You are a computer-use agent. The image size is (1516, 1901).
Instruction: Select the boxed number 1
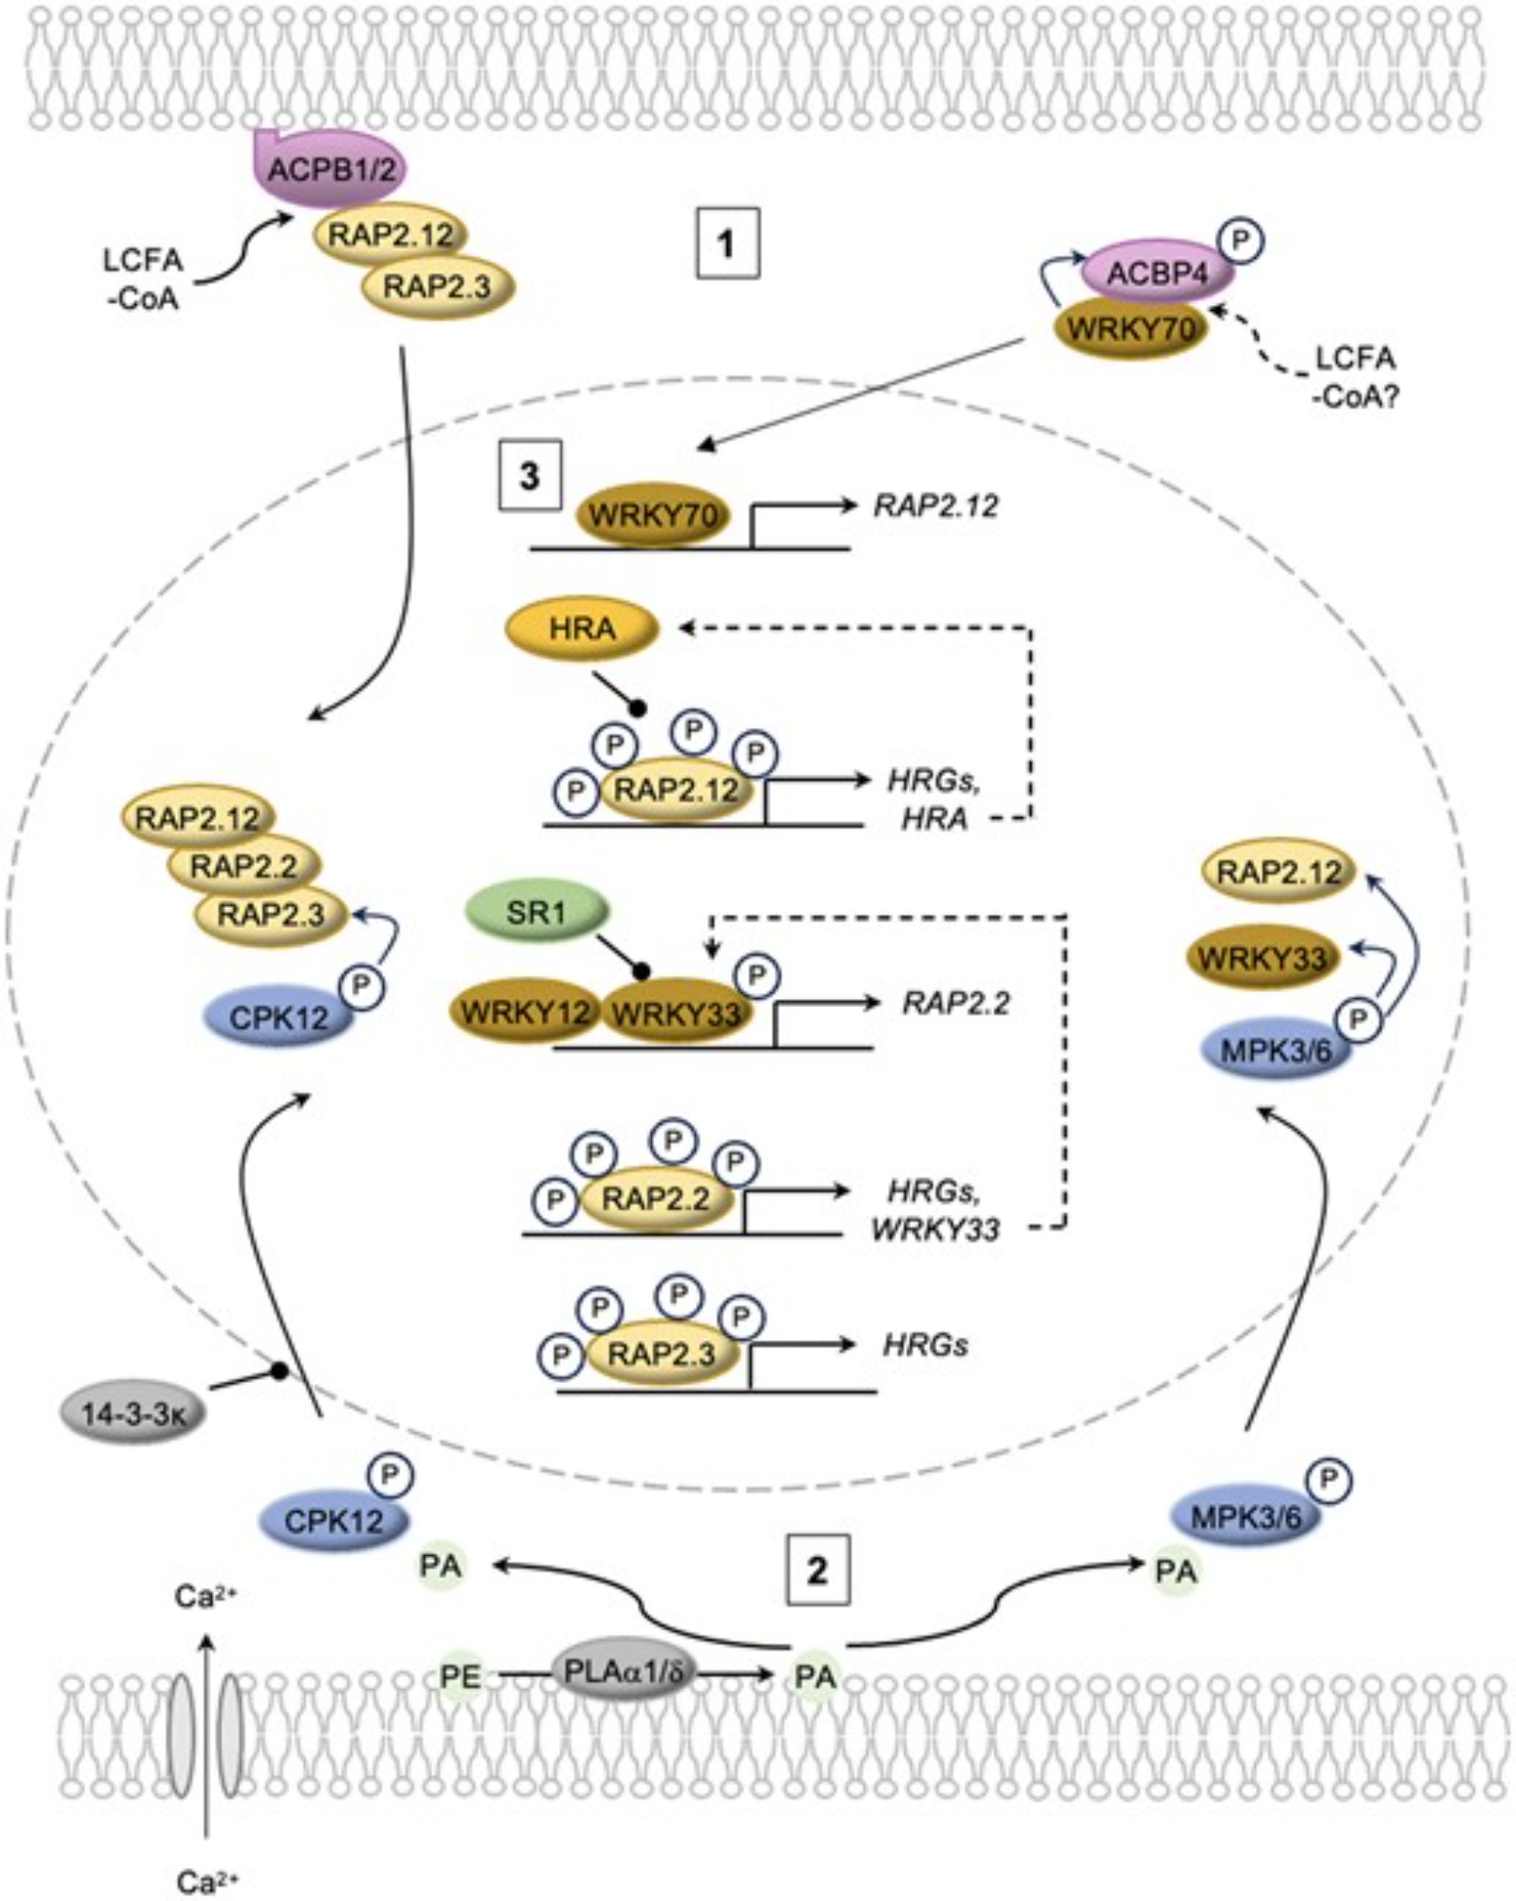point(727,243)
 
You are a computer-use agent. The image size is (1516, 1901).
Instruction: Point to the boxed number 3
point(529,475)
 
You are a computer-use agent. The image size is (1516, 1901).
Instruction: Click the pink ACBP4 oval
point(1158,275)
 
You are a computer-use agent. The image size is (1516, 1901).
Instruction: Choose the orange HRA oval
point(582,628)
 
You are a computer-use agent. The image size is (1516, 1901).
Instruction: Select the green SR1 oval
point(536,912)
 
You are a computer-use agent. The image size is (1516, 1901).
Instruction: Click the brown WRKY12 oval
point(526,1012)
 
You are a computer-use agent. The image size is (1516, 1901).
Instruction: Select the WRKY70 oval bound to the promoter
point(652,516)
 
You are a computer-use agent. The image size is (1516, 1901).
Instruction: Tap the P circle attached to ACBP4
point(1239,242)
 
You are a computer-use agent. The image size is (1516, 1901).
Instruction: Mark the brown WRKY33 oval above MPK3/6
point(1262,959)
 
